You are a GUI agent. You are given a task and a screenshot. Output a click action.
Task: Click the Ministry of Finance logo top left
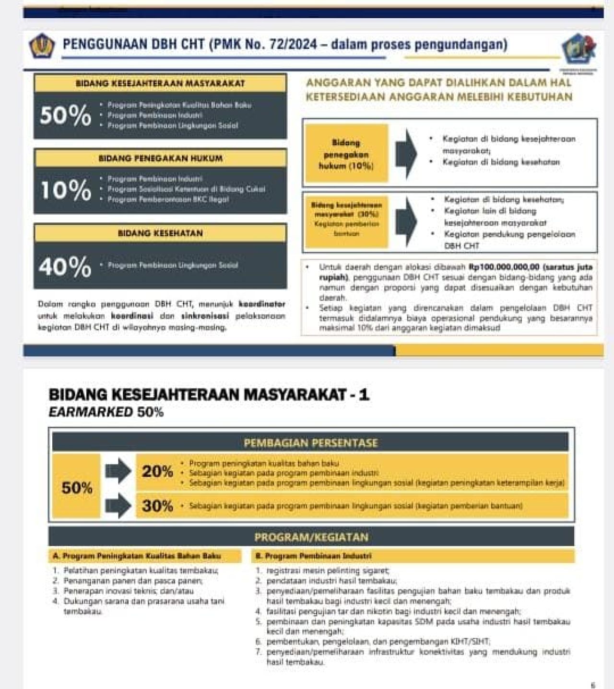(41, 46)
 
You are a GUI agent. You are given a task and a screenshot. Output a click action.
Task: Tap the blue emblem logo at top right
(579, 49)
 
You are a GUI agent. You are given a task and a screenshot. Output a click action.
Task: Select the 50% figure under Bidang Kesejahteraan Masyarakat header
(65, 115)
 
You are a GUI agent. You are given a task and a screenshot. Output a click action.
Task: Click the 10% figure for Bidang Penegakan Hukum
(65, 190)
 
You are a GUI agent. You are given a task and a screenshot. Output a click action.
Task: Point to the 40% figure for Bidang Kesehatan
(65, 266)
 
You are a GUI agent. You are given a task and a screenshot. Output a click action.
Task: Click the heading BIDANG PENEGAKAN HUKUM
(160, 158)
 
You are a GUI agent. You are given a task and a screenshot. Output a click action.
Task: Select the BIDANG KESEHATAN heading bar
(160, 233)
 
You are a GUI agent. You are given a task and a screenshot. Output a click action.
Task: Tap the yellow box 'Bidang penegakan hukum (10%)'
(346, 154)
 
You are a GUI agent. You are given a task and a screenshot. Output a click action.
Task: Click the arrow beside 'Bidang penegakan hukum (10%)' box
(406, 154)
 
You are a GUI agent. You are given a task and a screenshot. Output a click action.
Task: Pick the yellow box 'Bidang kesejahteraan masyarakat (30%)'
(346, 219)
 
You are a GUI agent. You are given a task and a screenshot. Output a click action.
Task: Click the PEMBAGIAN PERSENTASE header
(310, 442)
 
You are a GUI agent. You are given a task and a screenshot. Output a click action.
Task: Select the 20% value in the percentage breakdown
(157, 471)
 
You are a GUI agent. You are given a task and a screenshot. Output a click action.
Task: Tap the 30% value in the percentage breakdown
(157, 505)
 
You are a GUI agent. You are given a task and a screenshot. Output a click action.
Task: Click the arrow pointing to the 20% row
(118, 471)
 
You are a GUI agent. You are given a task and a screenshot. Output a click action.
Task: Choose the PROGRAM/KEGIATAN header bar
(311, 537)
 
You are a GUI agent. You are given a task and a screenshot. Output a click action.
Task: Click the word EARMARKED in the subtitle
(91, 412)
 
